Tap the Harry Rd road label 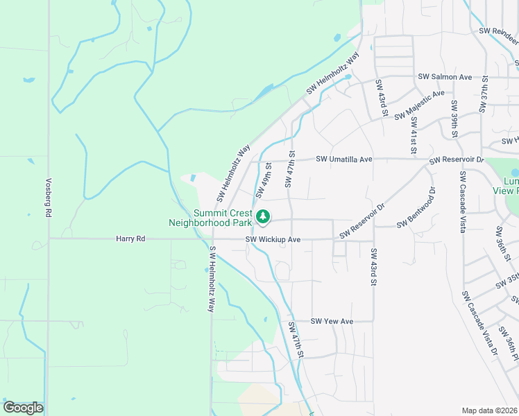click(x=130, y=239)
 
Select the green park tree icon click(x=263, y=217)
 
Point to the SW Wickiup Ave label click(x=273, y=240)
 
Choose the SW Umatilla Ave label click(x=344, y=159)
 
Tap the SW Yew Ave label click(x=332, y=321)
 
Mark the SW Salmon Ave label click(x=445, y=77)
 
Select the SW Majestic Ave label click(x=419, y=105)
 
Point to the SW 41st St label click(x=414, y=135)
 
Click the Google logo click(x=23, y=408)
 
